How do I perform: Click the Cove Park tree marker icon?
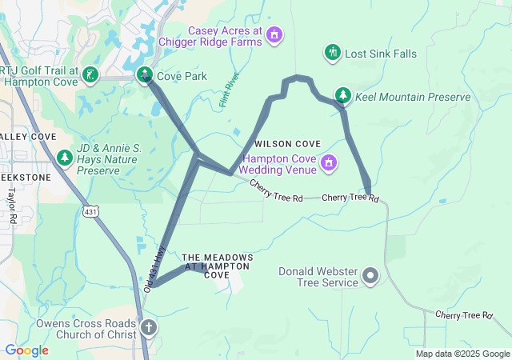(x=145, y=76)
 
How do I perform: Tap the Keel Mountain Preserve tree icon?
(x=343, y=96)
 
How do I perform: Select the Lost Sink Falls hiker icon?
(x=332, y=54)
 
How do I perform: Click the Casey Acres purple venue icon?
(x=274, y=35)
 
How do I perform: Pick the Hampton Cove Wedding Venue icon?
(x=327, y=164)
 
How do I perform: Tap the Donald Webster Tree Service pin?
(x=370, y=277)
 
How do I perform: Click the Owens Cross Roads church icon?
(x=149, y=327)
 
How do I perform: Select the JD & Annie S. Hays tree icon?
(x=64, y=158)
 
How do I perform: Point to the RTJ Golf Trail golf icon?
(x=91, y=76)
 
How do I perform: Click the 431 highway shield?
(x=90, y=210)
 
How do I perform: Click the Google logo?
(x=26, y=350)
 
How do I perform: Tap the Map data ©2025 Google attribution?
(x=462, y=354)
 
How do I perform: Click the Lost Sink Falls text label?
(x=381, y=54)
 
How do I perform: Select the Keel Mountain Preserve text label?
(x=412, y=97)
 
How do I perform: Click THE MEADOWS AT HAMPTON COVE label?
(x=218, y=266)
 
